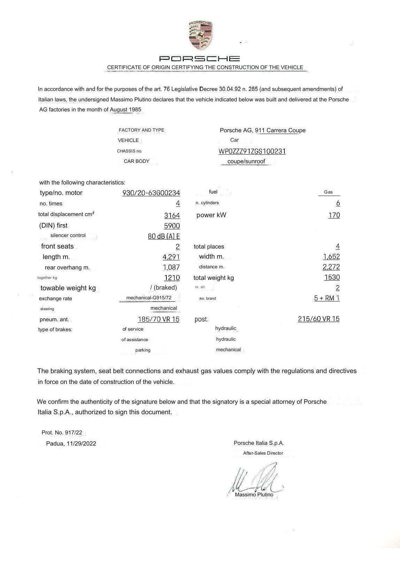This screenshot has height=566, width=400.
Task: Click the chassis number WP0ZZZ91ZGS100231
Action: pos(252,151)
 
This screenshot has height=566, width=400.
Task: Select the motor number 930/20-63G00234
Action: pos(151,193)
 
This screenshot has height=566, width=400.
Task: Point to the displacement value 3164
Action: pos(172,215)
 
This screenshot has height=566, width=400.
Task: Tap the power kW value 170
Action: pos(334,215)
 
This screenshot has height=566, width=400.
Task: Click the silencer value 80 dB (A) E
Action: pos(164,236)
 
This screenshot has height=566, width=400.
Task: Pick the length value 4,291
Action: pos(171,257)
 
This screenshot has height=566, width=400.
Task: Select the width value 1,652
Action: pos(331,257)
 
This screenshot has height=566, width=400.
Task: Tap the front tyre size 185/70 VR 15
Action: pos(158,319)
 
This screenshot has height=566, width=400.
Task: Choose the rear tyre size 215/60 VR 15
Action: pos(319,319)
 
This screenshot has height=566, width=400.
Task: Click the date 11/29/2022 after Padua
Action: pos(81,443)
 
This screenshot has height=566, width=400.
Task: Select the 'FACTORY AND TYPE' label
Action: pos(141,130)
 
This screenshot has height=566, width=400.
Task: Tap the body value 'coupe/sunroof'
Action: pos(246,162)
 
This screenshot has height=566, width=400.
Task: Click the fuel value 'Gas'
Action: pos(328,192)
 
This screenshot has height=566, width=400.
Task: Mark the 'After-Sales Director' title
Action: pos(263,453)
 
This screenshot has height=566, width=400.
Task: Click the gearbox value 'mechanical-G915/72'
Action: pos(149,298)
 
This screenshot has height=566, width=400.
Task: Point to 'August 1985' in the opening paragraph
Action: pos(126,110)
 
